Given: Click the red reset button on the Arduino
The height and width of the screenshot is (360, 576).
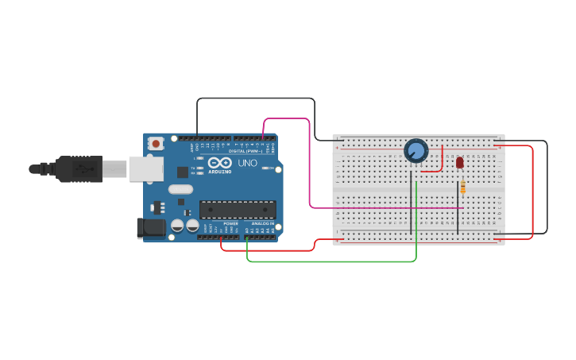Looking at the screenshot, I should point(156,144).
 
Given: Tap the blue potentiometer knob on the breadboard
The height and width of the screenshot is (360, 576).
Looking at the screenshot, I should point(416,150).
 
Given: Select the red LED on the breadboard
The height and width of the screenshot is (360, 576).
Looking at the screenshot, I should point(460,162).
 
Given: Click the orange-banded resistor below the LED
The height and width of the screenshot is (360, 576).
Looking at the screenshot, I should point(463,187).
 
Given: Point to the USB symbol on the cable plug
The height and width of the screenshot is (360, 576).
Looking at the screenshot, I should point(83,169).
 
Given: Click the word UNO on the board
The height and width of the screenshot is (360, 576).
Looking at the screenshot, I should point(248,162).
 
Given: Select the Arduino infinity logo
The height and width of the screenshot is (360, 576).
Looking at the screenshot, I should point(220,162).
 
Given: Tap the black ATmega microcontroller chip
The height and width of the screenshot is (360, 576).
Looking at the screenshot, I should point(238,210).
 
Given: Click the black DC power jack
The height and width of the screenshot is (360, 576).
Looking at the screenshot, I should point(152,228).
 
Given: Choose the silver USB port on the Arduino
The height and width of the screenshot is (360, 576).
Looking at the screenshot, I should point(146,168).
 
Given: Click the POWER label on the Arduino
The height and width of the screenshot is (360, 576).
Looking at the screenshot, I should point(230,224).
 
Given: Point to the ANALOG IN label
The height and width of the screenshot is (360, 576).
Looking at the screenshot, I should point(262,224).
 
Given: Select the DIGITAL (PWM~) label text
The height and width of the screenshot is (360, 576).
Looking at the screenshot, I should point(244,150).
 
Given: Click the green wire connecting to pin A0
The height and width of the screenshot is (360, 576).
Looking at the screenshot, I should point(334,261).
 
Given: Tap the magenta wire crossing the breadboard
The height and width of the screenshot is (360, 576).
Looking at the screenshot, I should point(381,208).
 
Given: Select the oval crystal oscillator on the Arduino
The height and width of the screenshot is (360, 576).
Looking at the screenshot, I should point(180,189).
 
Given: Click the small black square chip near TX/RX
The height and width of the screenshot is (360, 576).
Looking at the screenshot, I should point(183,172).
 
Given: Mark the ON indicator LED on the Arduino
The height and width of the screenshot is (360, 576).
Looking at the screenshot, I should point(272,168).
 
